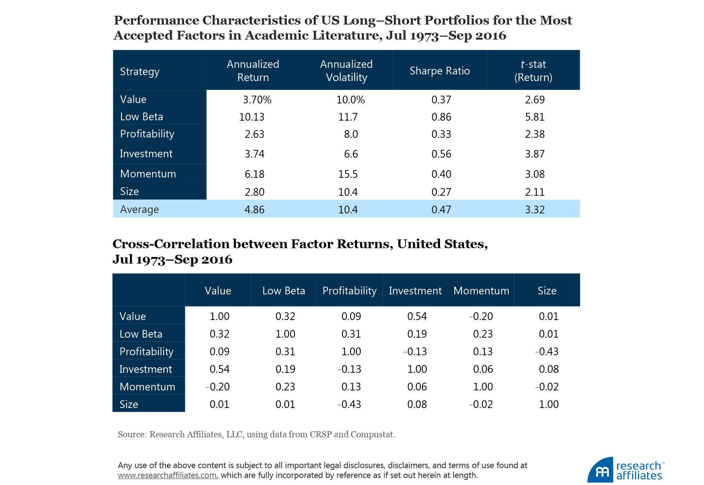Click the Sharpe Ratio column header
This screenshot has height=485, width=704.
(439, 71)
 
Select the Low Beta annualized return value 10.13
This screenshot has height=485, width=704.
(252, 117)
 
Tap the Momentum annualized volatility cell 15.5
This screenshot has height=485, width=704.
(348, 174)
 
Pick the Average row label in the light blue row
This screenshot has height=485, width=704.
(139, 209)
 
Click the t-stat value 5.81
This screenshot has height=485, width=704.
(535, 117)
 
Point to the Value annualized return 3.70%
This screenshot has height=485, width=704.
(257, 100)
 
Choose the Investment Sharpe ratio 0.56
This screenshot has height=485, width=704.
(441, 154)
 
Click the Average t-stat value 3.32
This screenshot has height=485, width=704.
(535, 210)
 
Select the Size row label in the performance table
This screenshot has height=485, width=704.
(129, 191)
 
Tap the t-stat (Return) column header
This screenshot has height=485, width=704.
(533, 71)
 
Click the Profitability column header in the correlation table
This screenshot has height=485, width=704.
(349, 291)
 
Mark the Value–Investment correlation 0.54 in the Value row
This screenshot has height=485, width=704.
(417, 316)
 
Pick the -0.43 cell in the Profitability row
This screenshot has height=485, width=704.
(547, 352)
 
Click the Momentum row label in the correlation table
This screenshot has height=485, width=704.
(147, 387)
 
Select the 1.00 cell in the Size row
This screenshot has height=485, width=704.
(549, 404)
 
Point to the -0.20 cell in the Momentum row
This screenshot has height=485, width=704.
(218, 387)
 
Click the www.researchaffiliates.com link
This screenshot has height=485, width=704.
(167, 475)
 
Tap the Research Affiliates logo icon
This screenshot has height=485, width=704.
(600, 470)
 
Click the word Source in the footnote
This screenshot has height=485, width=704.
(132, 434)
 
